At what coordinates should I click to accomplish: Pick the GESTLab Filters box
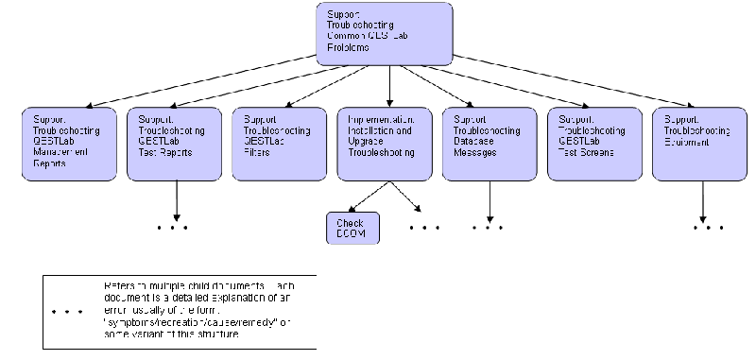pyautogui.click(x=278, y=142)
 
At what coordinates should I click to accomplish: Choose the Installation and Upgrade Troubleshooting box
pyautogui.click(x=384, y=142)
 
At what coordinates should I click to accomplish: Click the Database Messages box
pyautogui.click(x=490, y=142)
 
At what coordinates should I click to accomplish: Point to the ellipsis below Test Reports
pyautogui.click(x=174, y=228)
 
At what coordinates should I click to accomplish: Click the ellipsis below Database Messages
pyautogui.click(x=488, y=228)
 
